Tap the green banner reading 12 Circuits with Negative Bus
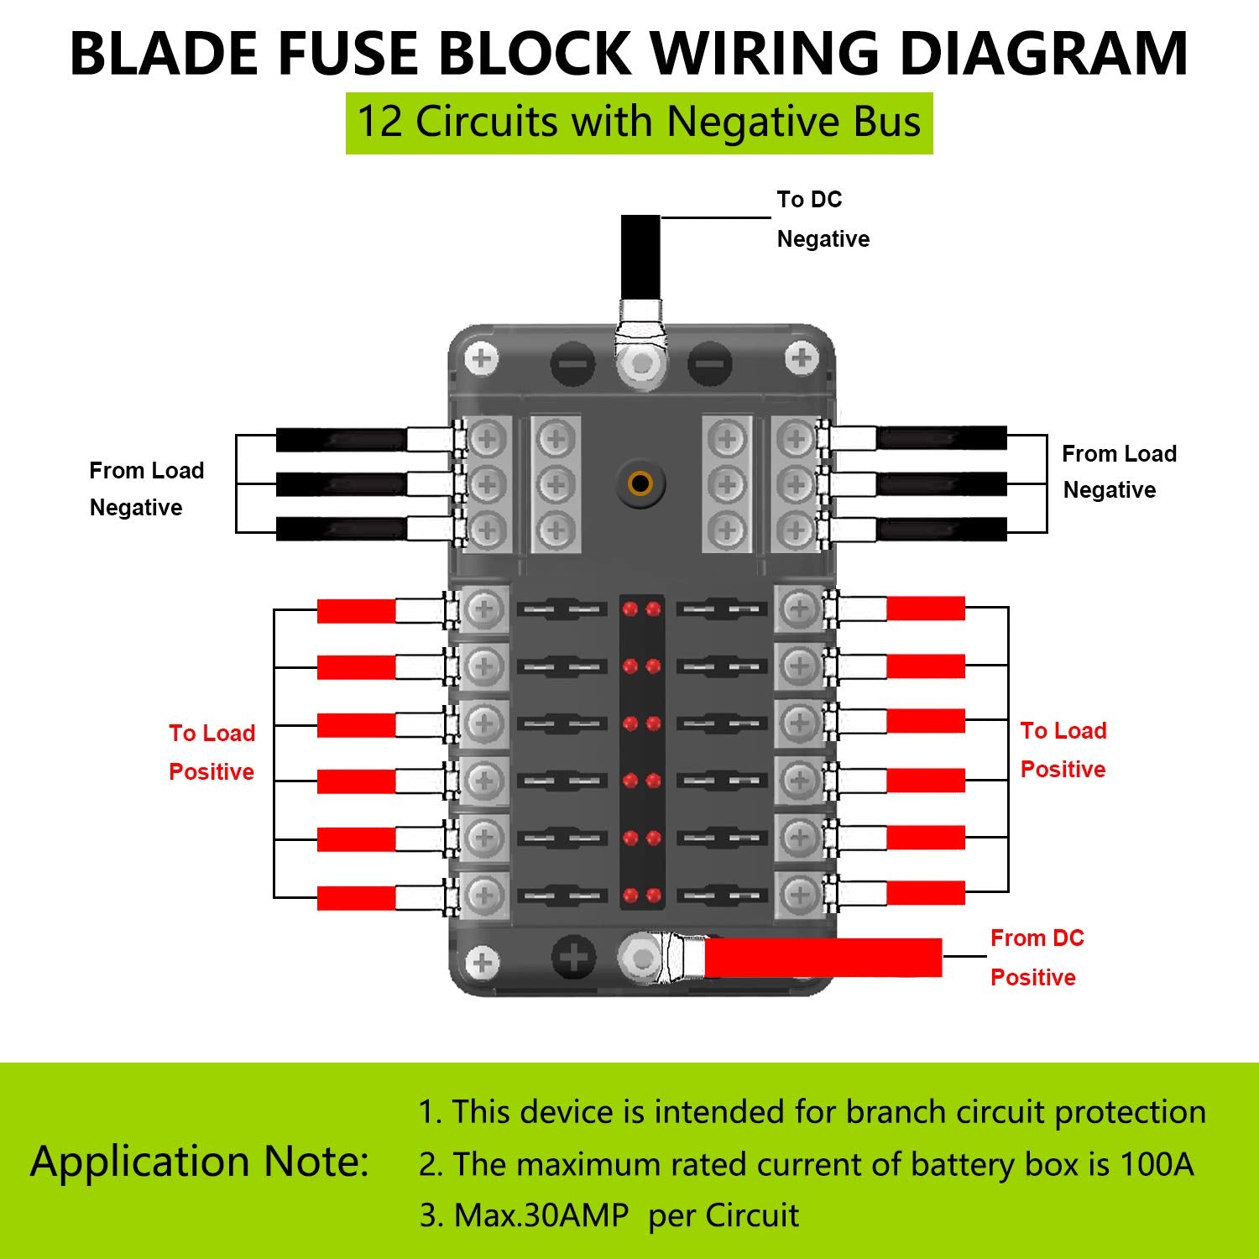tap(639, 123)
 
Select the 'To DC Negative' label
tap(822, 219)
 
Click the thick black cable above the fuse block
tap(640, 253)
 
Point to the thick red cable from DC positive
tap(823, 958)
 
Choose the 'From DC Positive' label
tap(1037, 958)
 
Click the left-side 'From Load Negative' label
tap(146, 488)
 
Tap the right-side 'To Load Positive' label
tap(1063, 750)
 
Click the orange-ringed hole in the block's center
tap(640, 483)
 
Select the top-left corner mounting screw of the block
tap(482, 359)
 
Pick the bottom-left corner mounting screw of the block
tap(482, 962)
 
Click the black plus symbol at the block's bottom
tap(573, 958)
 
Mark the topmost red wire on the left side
tap(356, 611)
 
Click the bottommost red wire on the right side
tap(925, 892)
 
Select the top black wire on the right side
tap(941, 437)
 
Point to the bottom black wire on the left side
tap(341, 529)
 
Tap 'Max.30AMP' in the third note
tap(541, 1215)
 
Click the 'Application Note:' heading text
tap(200, 1162)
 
